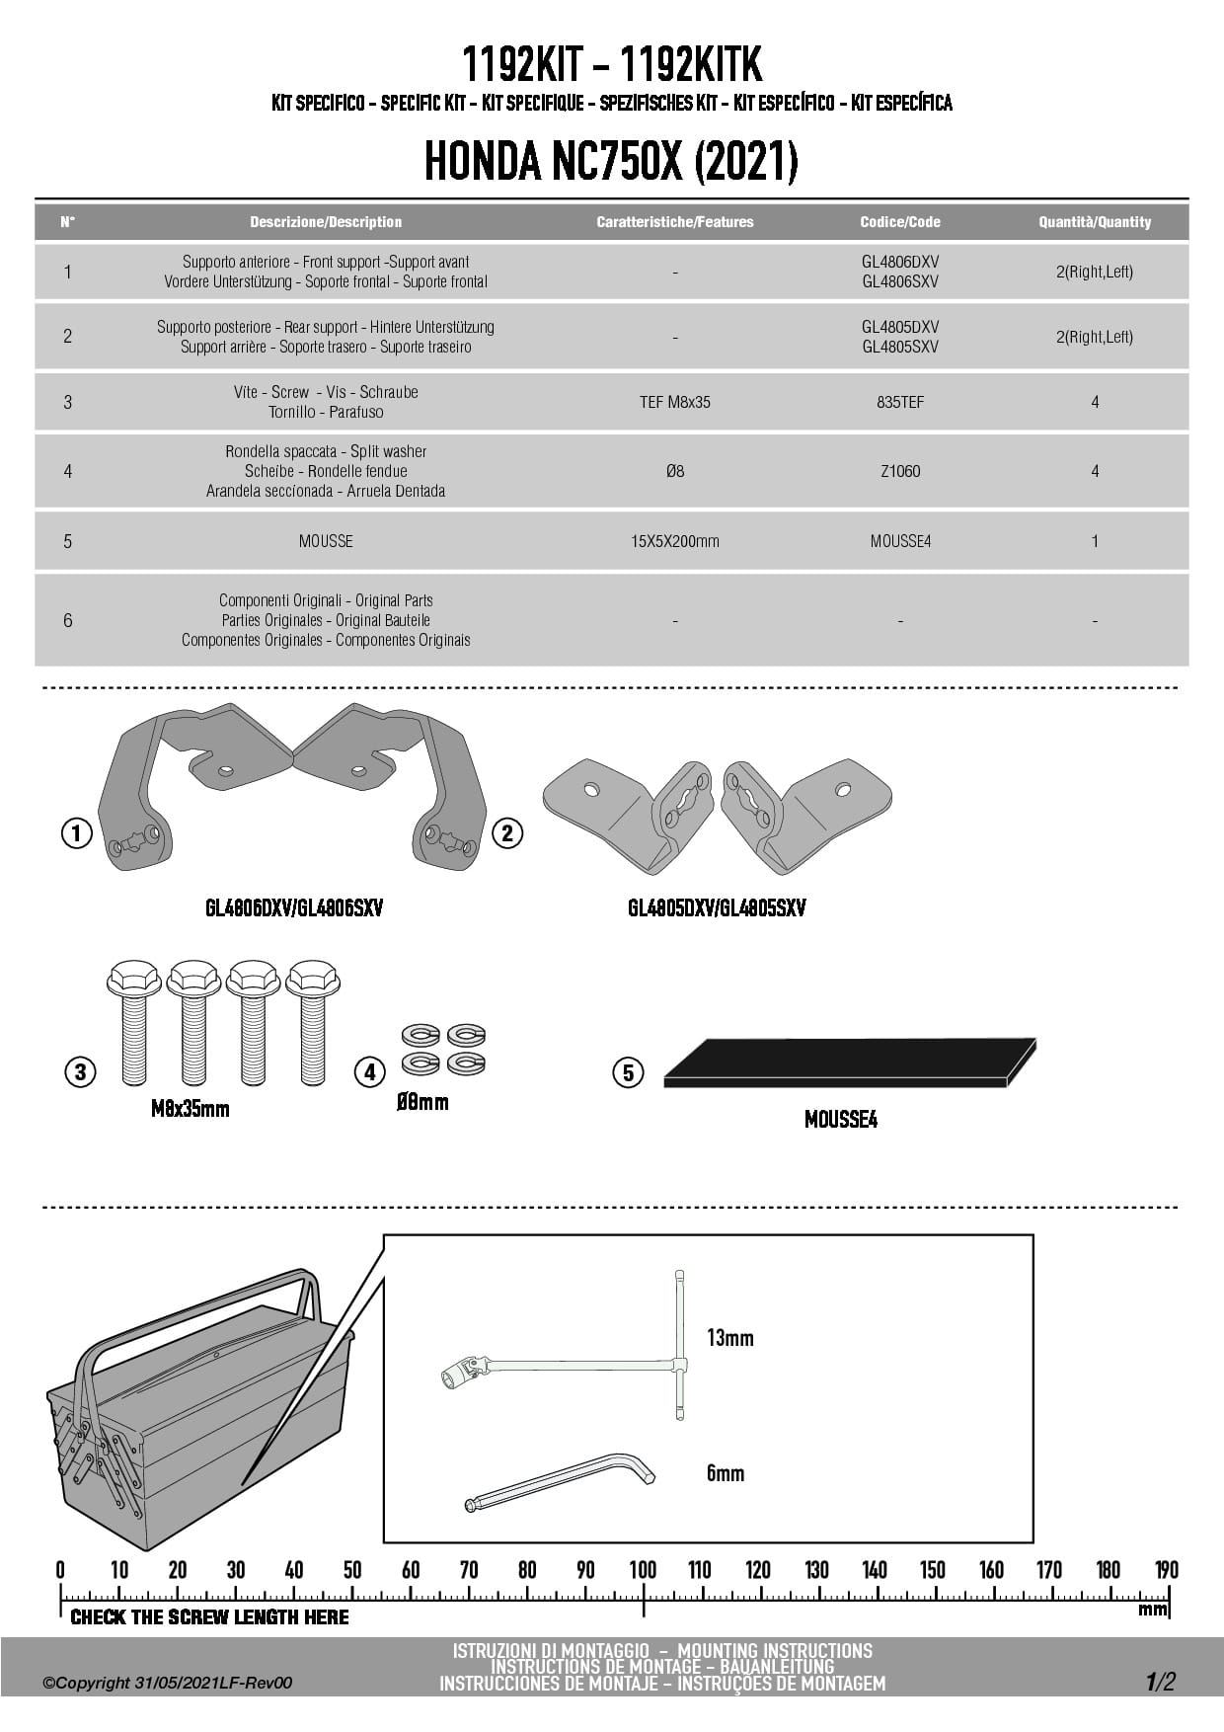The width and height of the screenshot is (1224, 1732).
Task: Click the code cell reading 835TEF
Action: tap(899, 402)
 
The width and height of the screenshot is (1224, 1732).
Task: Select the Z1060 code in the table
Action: tap(899, 471)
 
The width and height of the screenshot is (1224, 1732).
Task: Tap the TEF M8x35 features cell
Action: tap(674, 402)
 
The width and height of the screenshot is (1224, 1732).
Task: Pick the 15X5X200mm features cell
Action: tap(674, 541)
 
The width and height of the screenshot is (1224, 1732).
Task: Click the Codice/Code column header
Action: tap(899, 222)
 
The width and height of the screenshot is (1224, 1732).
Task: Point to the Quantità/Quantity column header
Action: tap(1095, 222)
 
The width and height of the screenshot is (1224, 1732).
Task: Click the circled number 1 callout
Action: tap(77, 832)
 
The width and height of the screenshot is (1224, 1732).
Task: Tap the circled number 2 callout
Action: tap(506, 832)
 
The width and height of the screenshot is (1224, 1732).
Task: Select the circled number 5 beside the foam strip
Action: tap(628, 1072)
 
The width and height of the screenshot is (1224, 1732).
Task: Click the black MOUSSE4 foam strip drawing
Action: tap(849, 1063)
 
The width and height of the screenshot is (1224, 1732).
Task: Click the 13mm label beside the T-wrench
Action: tap(729, 1338)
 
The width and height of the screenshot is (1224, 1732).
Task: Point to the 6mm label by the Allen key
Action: tap(726, 1473)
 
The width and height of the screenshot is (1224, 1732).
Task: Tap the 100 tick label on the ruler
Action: tap(643, 1570)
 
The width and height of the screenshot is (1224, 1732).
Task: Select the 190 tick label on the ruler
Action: tap(1166, 1570)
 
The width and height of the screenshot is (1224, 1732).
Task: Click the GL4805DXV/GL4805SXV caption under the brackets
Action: tap(717, 908)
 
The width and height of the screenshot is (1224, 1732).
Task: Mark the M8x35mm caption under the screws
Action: tap(190, 1109)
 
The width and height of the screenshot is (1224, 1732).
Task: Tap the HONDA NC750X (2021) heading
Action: tap(611, 161)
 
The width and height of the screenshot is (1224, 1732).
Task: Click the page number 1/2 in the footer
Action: tap(1161, 1682)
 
